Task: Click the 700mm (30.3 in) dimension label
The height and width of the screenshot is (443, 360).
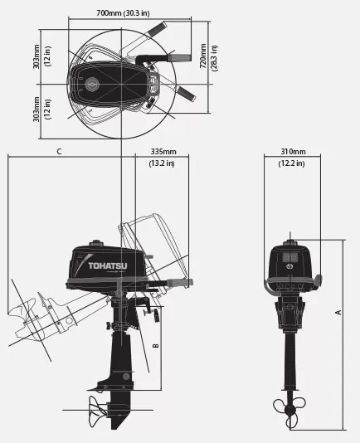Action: [123, 13]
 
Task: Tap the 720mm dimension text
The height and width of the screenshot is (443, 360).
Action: [203, 56]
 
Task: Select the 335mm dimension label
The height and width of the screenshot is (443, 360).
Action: [163, 152]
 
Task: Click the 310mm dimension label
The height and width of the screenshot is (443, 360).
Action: [293, 152]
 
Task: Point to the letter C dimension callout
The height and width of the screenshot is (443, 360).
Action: [59, 152]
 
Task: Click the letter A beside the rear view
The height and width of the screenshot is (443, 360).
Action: [338, 312]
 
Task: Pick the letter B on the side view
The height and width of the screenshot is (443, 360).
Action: [156, 346]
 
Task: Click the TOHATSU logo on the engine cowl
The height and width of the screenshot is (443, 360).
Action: [108, 265]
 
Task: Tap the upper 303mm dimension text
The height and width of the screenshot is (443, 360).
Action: [36, 56]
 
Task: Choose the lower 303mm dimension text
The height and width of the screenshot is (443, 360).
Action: [36, 110]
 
